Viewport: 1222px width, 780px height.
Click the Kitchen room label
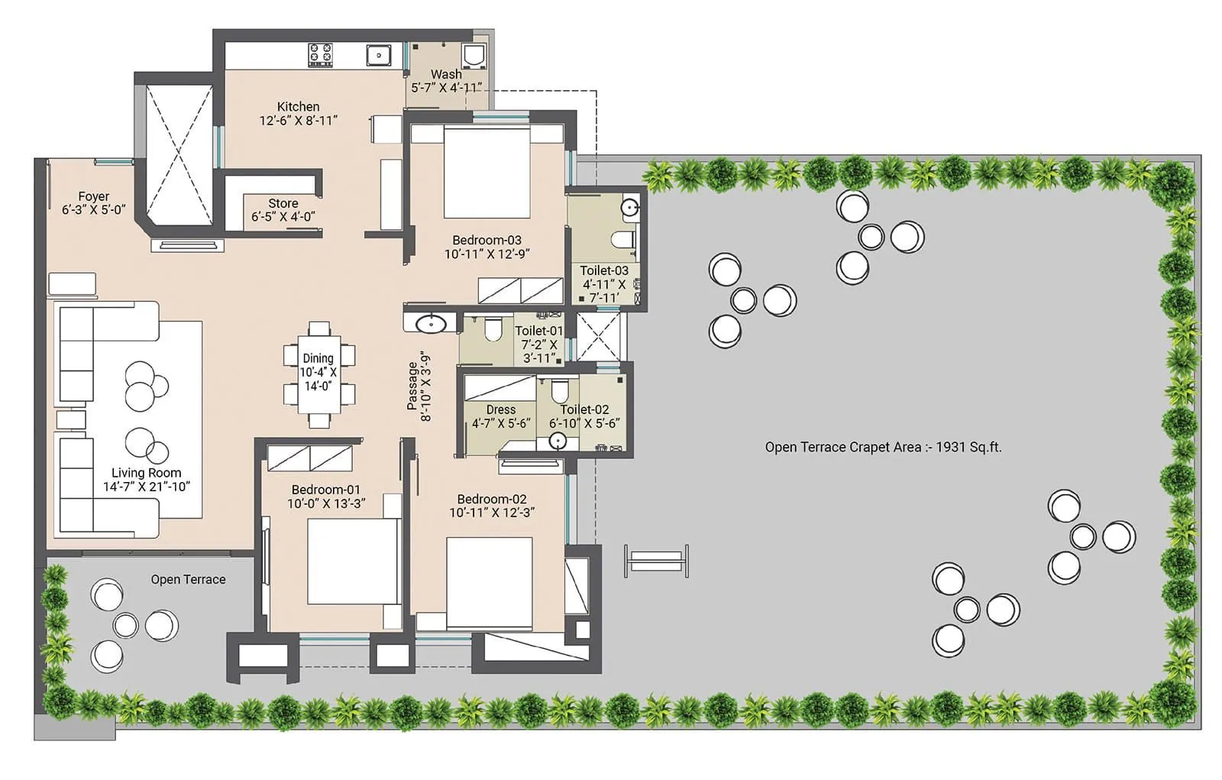(x=298, y=107)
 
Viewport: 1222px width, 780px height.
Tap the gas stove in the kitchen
(x=320, y=55)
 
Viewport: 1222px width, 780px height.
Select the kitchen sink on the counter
(x=378, y=55)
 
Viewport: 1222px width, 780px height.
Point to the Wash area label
(x=446, y=74)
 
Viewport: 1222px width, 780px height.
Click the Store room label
(x=283, y=203)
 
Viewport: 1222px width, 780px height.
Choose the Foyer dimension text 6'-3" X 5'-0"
(x=93, y=210)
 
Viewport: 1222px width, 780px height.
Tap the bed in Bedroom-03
(x=487, y=173)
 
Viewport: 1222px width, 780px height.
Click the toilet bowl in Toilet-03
(x=623, y=240)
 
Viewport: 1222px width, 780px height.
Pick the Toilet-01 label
(x=538, y=331)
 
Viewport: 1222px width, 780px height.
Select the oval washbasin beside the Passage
(x=432, y=324)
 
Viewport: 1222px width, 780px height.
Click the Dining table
(x=318, y=371)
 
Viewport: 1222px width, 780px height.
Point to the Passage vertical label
(x=419, y=387)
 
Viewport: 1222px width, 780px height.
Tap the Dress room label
(x=500, y=409)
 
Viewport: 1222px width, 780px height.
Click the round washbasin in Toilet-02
(x=558, y=441)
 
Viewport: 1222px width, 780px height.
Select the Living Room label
(x=146, y=473)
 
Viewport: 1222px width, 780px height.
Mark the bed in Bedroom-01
(x=353, y=562)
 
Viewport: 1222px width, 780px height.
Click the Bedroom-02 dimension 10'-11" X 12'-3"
(x=491, y=513)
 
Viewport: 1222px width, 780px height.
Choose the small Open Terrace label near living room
(x=188, y=579)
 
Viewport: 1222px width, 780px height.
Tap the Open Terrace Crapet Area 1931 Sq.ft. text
(x=883, y=447)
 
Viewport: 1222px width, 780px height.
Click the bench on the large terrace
(x=656, y=562)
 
